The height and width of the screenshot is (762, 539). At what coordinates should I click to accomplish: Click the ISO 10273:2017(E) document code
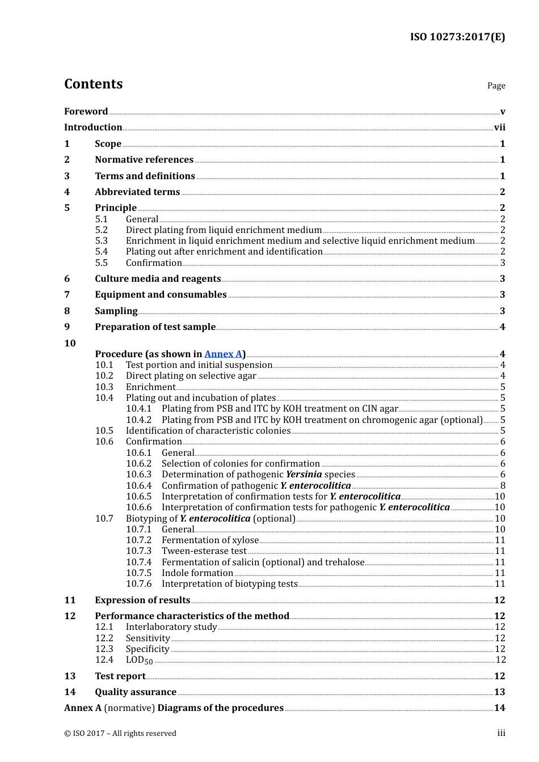(x=457, y=37)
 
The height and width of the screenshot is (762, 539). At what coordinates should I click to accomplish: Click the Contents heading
(x=93, y=84)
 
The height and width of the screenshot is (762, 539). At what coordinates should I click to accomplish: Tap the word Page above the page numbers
(x=496, y=86)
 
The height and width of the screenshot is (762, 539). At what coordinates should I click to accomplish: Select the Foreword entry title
(x=86, y=112)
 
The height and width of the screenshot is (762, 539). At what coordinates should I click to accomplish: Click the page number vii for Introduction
(x=499, y=128)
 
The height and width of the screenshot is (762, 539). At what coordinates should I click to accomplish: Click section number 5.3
(x=102, y=241)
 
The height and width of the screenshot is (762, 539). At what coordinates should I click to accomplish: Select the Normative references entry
(x=144, y=160)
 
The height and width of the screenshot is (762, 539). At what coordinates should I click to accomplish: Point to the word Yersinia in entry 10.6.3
(x=304, y=475)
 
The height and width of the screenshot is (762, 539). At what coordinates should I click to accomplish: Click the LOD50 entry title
(x=139, y=660)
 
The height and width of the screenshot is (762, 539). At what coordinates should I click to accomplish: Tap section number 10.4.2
(x=139, y=420)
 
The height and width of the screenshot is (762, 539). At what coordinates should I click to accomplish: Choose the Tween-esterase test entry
(x=204, y=551)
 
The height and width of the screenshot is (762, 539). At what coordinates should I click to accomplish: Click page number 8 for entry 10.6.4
(x=503, y=486)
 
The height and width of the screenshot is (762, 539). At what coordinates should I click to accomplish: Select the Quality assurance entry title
(x=136, y=692)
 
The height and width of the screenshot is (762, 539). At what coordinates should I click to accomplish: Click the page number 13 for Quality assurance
(x=499, y=692)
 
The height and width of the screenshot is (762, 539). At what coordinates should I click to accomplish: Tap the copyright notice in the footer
(x=120, y=734)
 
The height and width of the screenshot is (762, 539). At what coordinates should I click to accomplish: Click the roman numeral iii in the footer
(x=501, y=734)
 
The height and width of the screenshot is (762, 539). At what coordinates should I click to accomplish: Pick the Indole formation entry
(x=197, y=573)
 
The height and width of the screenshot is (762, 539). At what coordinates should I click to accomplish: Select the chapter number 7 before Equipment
(x=67, y=295)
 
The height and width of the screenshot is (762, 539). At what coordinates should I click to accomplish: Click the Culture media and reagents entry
(x=158, y=279)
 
